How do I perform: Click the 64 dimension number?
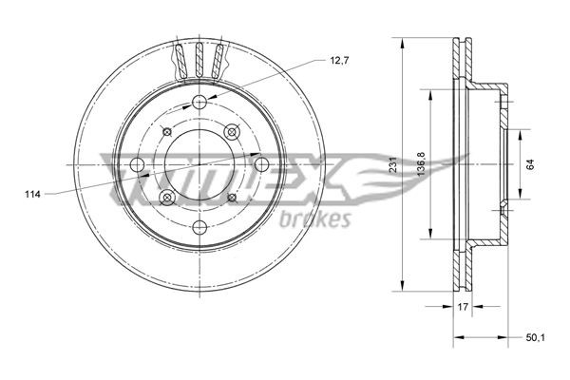tap(533, 164)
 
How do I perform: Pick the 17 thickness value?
tap(462, 308)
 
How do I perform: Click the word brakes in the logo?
tap(317, 220)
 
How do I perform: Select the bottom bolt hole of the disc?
tap(199, 228)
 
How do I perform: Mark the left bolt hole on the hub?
tap(138, 166)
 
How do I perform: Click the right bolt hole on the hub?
tap(262, 165)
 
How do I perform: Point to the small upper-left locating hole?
tap(168, 133)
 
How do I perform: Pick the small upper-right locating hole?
tap(231, 132)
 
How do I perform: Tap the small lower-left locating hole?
tap(168, 198)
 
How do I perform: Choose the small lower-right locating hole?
tap(231, 198)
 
